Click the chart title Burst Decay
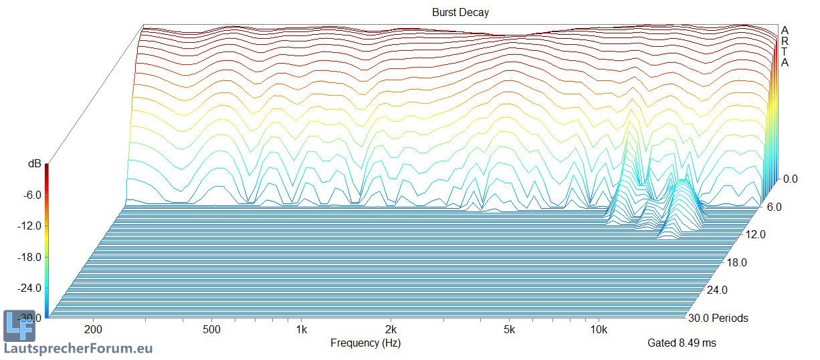click(x=460, y=13)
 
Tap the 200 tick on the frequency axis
click(x=93, y=329)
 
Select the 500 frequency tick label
click(x=211, y=329)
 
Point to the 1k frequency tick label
click(x=301, y=329)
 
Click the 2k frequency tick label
click(x=391, y=329)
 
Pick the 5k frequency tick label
click(x=509, y=329)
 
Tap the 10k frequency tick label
click(x=599, y=329)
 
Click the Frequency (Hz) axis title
click(x=365, y=343)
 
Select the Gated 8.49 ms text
click(x=681, y=343)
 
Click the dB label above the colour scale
click(x=33, y=163)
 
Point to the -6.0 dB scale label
click(x=32, y=195)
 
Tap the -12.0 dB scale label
click(x=30, y=226)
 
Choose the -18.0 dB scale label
click(x=30, y=257)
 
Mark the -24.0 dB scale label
click(x=30, y=288)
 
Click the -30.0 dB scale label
click(x=30, y=318)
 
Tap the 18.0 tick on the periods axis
click(x=736, y=262)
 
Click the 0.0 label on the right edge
click(x=790, y=179)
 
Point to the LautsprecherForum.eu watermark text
click(x=78, y=349)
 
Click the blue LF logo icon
click(x=19, y=327)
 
